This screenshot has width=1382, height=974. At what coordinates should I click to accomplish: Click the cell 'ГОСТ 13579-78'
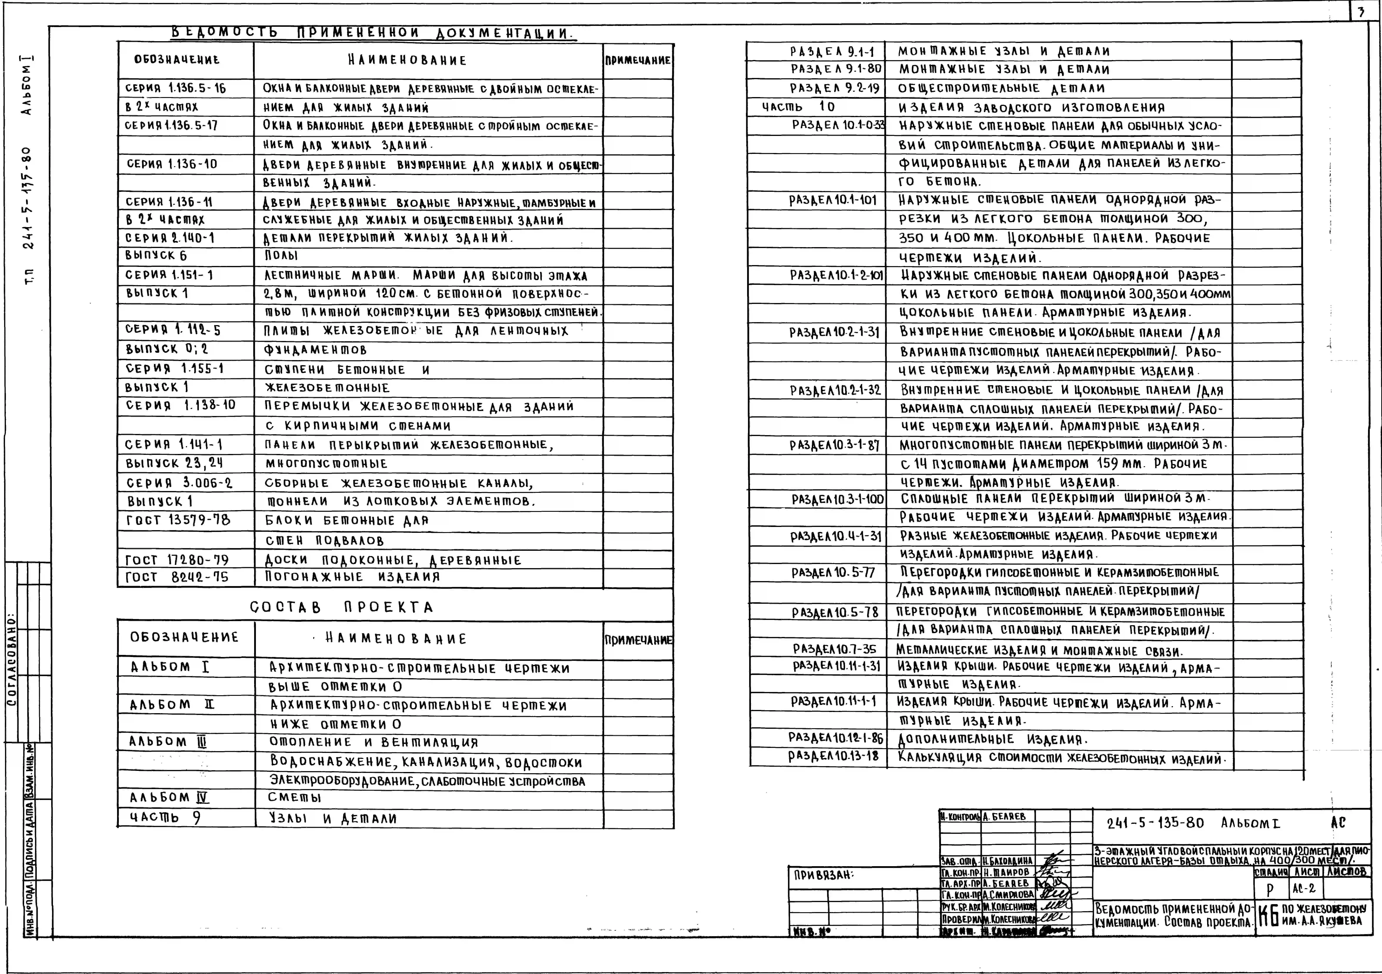[178, 519]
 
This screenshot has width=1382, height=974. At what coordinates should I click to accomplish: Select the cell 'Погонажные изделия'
[352, 577]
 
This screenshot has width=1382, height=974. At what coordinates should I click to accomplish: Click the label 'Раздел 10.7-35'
[834, 649]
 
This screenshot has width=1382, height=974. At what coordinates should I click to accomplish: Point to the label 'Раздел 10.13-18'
[833, 756]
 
